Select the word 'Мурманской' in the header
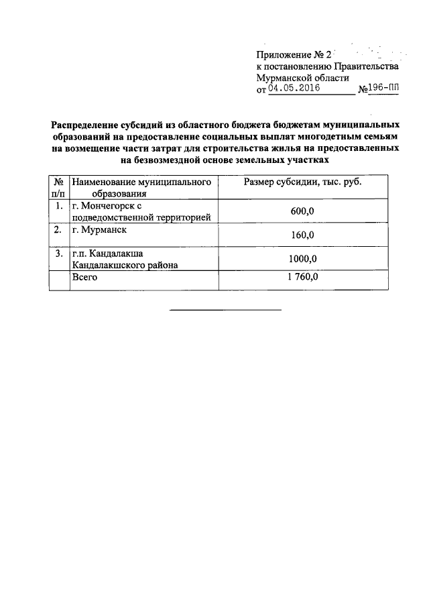pos(286,77)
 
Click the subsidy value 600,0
pos(302,211)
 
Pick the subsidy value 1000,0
pos(302,258)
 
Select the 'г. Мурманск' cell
pos(100,229)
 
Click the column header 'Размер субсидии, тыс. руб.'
pos(302,182)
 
